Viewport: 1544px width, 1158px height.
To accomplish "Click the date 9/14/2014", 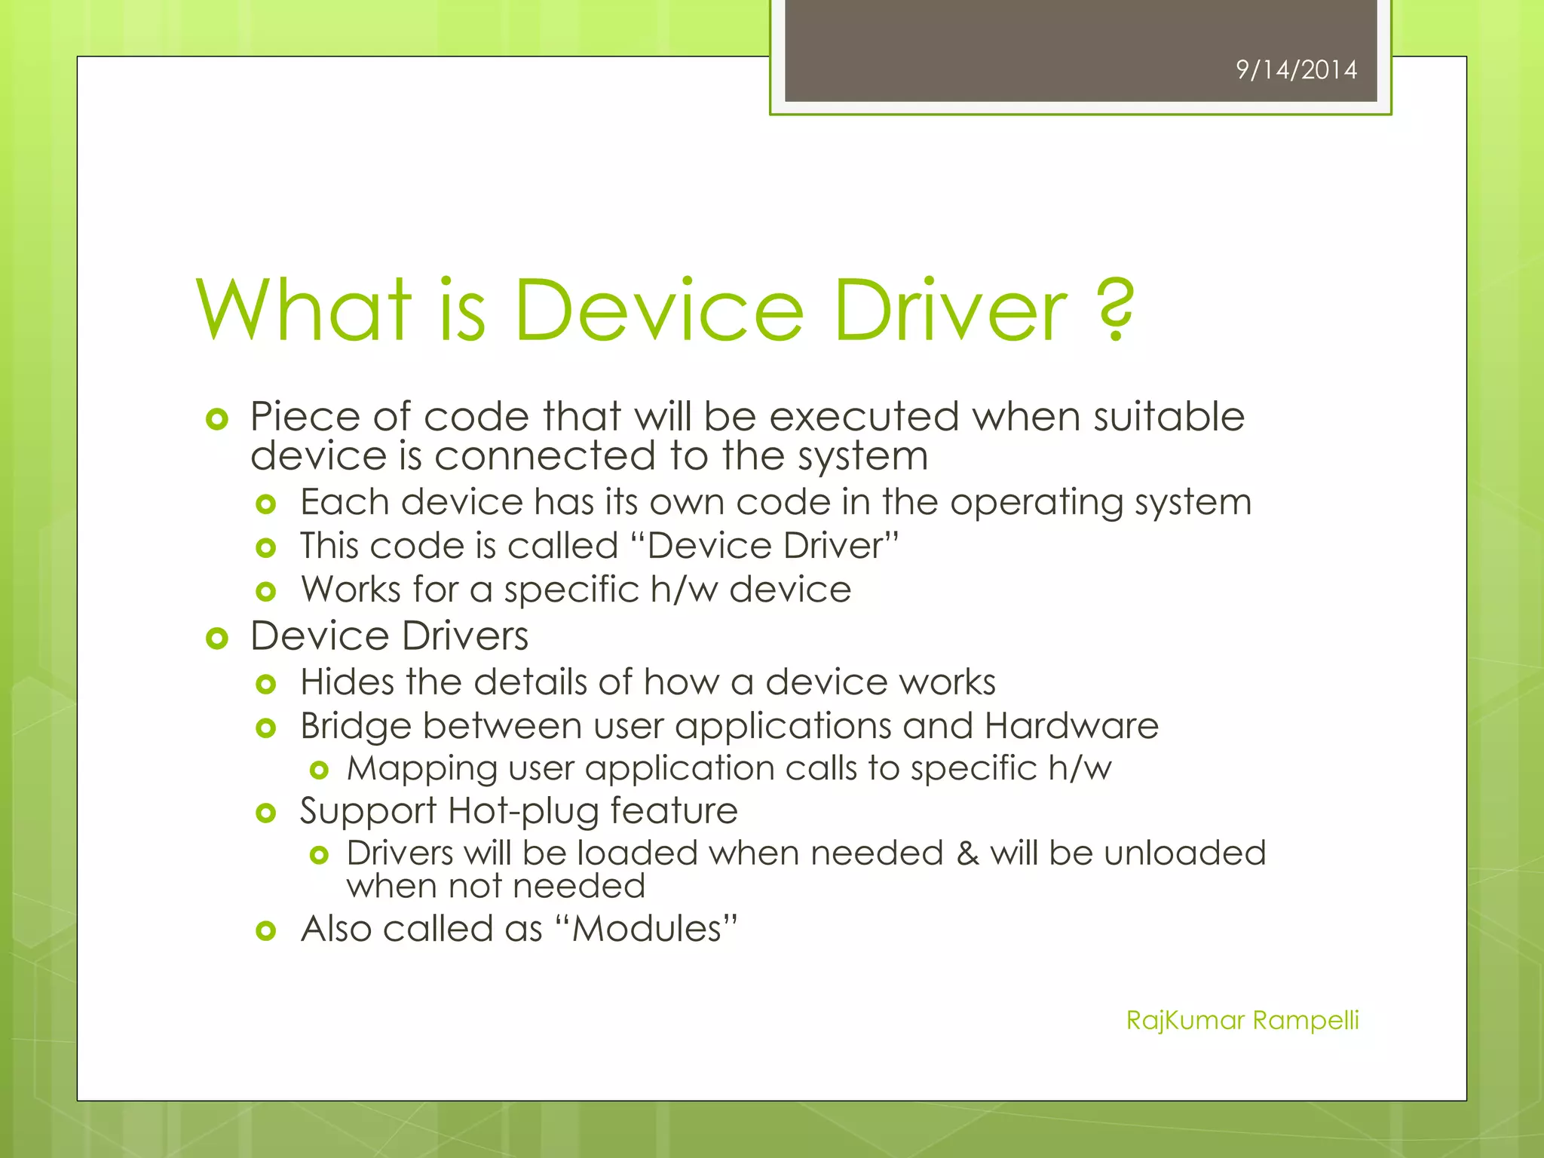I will pyautogui.click(x=1296, y=70).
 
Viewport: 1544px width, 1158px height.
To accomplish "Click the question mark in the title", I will pyautogui.click(x=1115, y=310).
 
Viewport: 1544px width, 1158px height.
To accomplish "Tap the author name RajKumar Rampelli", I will pyautogui.click(x=1242, y=1020).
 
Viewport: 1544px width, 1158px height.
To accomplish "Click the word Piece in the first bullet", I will pyautogui.click(x=305, y=417).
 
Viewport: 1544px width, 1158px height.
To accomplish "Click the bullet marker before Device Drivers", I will pyautogui.click(x=217, y=639).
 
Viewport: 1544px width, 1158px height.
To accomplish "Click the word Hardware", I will pyautogui.click(x=1071, y=726).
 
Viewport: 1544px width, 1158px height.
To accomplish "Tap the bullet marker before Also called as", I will pyautogui.click(x=266, y=931).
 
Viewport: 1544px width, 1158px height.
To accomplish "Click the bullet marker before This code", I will pyautogui.click(x=266, y=548).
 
